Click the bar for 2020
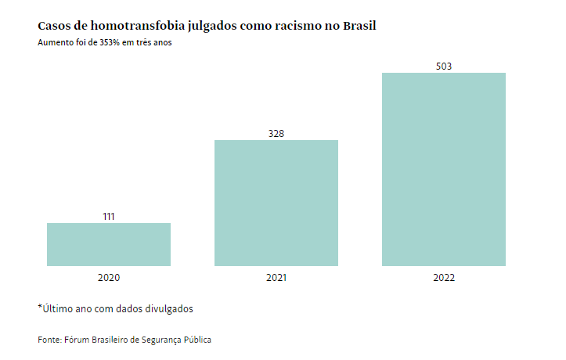click(x=109, y=244)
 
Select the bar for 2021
click(x=276, y=203)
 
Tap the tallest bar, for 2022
click(x=444, y=169)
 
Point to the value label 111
click(x=109, y=217)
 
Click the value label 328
click(x=276, y=134)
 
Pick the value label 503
click(x=444, y=67)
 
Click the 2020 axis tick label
click(x=109, y=278)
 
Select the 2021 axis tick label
click(x=276, y=278)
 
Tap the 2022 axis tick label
click(x=444, y=278)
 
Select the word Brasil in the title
click(x=359, y=26)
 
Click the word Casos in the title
click(x=53, y=26)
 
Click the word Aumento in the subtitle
click(x=54, y=43)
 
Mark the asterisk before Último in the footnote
click(x=40, y=307)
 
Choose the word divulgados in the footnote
click(x=166, y=308)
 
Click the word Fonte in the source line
click(x=49, y=340)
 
